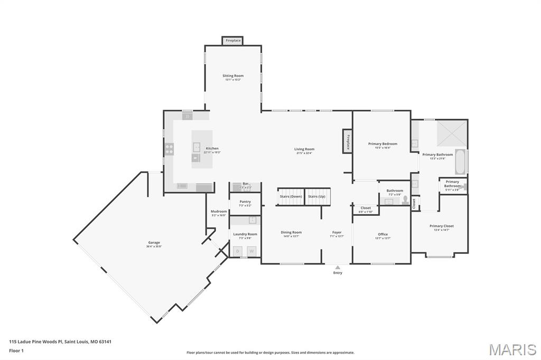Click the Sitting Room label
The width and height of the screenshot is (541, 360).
[232, 76]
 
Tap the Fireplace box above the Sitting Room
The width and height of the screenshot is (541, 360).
[233, 41]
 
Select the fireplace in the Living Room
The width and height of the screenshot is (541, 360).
[348, 141]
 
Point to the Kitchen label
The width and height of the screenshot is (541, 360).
[212, 148]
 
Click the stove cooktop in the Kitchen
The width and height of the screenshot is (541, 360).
[169, 149]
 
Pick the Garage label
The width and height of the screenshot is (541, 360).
[154, 243]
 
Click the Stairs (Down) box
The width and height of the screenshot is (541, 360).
[291, 196]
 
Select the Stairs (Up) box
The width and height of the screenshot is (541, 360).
[317, 196]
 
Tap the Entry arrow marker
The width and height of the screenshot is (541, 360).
[338, 268]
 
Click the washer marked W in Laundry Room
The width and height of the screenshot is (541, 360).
[251, 251]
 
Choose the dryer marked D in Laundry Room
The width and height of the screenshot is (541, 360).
[238, 251]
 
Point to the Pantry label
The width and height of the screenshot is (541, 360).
[245, 201]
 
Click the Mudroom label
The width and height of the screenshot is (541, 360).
[219, 212]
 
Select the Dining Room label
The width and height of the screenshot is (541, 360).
[291, 232]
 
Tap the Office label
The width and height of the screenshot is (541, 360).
[383, 234]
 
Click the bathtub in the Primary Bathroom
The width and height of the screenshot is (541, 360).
[460, 162]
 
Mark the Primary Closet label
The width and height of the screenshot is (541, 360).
[441, 226]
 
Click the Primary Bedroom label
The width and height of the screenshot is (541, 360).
[383, 144]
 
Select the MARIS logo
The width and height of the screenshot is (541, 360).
[512, 349]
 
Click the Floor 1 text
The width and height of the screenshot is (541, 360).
[16, 350]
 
